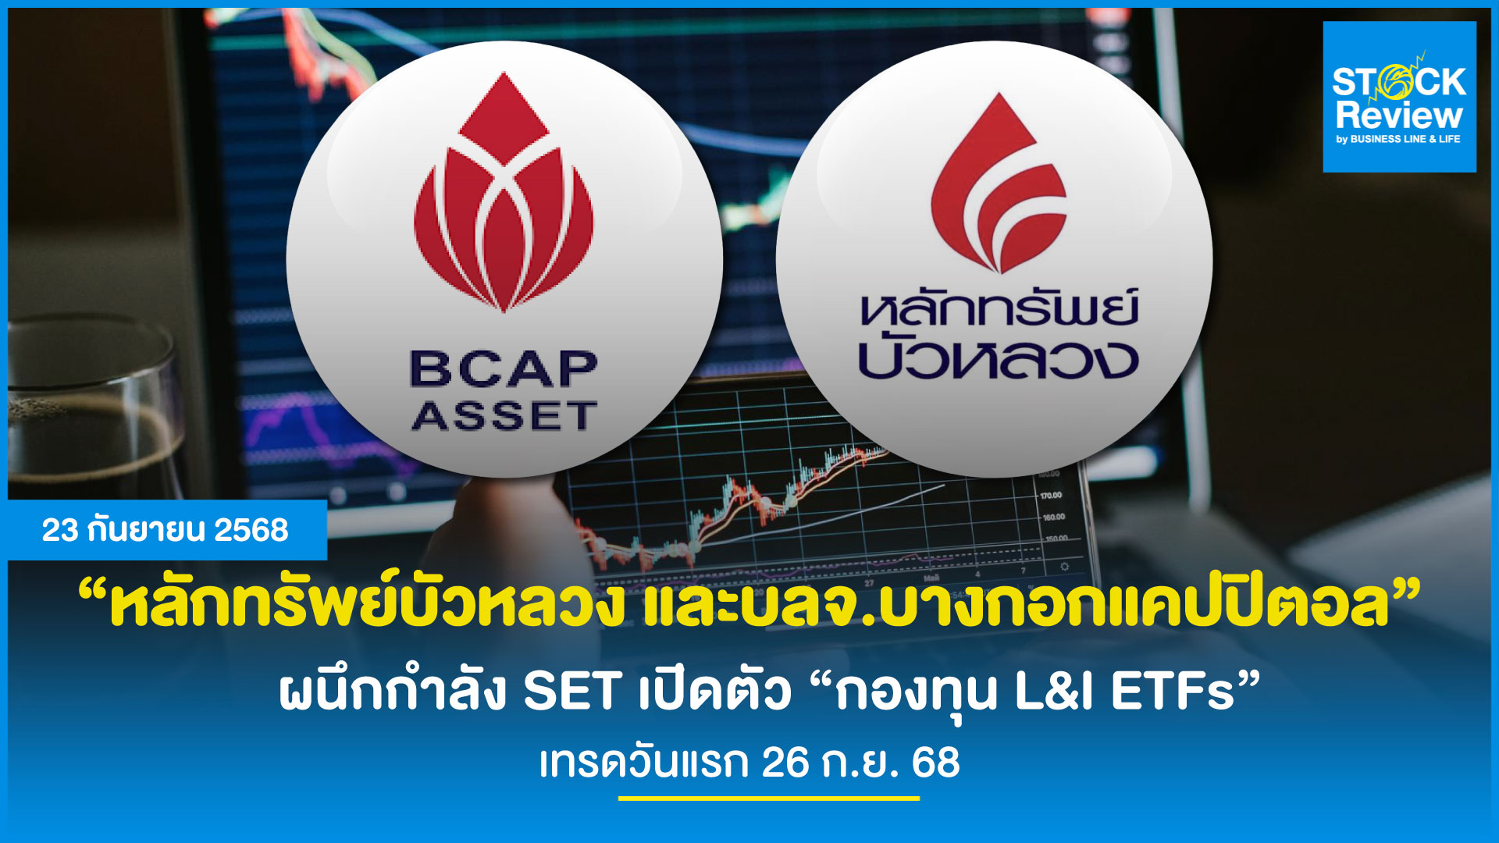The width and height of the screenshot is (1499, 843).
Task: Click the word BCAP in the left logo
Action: (504, 369)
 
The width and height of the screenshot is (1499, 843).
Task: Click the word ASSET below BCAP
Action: (504, 416)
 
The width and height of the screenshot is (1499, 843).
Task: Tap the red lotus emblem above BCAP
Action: (504, 192)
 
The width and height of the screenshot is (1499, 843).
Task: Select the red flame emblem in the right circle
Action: (999, 183)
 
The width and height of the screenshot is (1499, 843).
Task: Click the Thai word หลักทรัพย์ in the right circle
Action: (999, 307)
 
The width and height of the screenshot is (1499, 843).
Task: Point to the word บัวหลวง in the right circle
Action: (998, 357)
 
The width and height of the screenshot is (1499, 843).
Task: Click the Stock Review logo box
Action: (1399, 97)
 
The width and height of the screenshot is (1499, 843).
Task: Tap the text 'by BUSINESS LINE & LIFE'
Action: (1398, 139)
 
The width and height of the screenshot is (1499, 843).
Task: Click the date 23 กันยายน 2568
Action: (165, 530)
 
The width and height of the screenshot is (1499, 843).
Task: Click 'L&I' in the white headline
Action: (1054, 691)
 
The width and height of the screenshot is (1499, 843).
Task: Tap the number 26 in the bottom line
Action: (786, 763)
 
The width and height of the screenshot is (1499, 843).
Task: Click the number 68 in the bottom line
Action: (935, 763)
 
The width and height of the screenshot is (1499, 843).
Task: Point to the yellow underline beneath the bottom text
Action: (769, 799)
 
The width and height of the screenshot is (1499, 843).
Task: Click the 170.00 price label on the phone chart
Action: (1051, 496)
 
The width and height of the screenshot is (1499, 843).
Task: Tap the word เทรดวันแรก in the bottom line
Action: (643, 763)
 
